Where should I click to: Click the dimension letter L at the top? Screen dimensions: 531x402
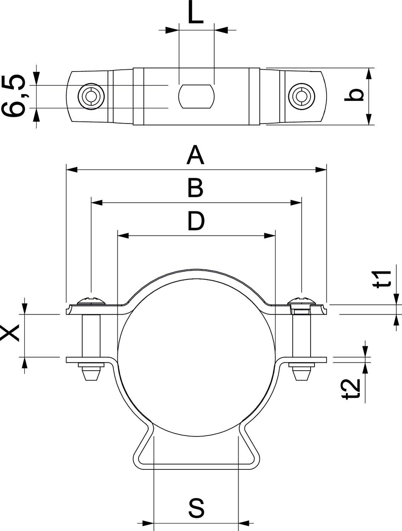[195, 14]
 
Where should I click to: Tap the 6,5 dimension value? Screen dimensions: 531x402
[14, 96]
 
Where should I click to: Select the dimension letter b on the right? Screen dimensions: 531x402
[354, 95]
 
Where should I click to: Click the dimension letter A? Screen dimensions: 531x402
[195, 156]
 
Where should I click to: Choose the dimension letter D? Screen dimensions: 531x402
[196, 221]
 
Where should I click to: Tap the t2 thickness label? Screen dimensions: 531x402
[352, 389]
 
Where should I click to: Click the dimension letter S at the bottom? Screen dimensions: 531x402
[196, 508]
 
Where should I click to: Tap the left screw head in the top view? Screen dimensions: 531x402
[91, 96]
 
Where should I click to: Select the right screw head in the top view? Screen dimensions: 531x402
[302, 96]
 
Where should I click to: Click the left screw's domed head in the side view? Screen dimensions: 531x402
[91, 301]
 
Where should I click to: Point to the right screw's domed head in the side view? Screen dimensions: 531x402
[302, 301]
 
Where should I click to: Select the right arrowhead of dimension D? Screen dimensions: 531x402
[270, 235]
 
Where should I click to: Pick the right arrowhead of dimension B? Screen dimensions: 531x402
[296, 203]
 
